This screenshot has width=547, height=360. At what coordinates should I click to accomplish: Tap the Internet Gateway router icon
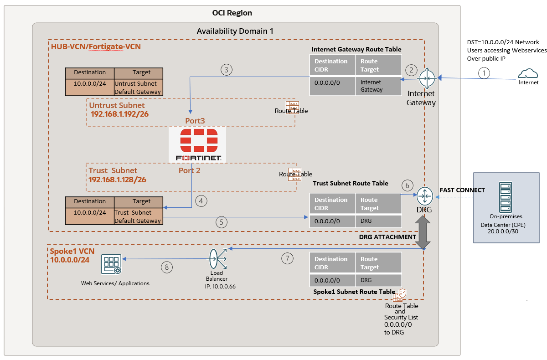(x=427, y=78)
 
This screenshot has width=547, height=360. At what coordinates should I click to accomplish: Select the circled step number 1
(x=485, y=72)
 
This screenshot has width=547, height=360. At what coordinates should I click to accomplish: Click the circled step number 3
(x=227, y=70)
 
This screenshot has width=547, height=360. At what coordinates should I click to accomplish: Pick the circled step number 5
(x=221, y=222)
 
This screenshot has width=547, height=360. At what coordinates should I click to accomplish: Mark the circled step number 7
(x=287, y=258)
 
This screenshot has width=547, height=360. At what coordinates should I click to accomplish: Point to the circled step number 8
(x=166, y=267)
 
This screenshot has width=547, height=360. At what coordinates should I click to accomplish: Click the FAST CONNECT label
(x=462, y=189)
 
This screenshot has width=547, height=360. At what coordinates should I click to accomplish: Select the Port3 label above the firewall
(x=195, y=121)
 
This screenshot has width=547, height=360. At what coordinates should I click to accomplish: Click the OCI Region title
(x=232, y=13)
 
